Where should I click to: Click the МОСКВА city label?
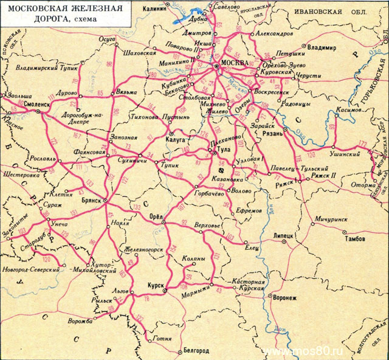tap(235, 63)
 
